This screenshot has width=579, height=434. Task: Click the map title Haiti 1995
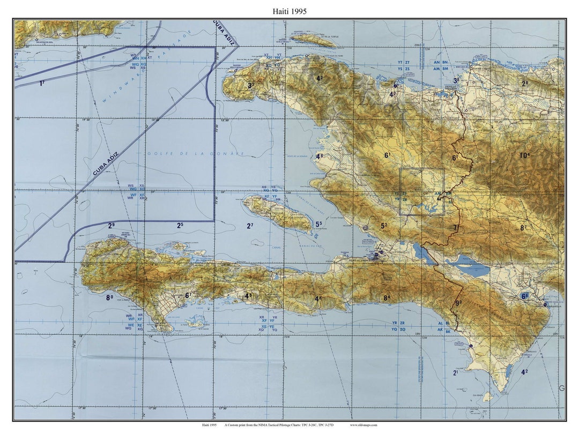pos(289,11)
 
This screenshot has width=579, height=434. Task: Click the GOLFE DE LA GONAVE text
pos(196,154)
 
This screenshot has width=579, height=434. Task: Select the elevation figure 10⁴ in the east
pos(524,156)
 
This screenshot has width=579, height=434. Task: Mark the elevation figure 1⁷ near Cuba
pos(42,83)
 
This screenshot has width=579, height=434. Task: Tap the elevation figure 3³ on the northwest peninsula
pos(250,85)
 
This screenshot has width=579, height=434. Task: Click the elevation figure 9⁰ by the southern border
pos(458,303)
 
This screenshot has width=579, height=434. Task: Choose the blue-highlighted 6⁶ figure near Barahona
pos(524,296)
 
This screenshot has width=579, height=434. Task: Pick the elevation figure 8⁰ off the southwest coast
pos(109,297)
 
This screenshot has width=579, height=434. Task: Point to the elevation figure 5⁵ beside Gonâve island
pos(318,225)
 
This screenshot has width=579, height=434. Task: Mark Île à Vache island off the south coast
pos(196,323)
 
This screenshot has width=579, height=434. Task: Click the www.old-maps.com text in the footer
pos(363,425)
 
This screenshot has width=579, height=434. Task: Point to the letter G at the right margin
pos(562,388)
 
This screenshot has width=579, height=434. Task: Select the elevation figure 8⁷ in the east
pos(523,228)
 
